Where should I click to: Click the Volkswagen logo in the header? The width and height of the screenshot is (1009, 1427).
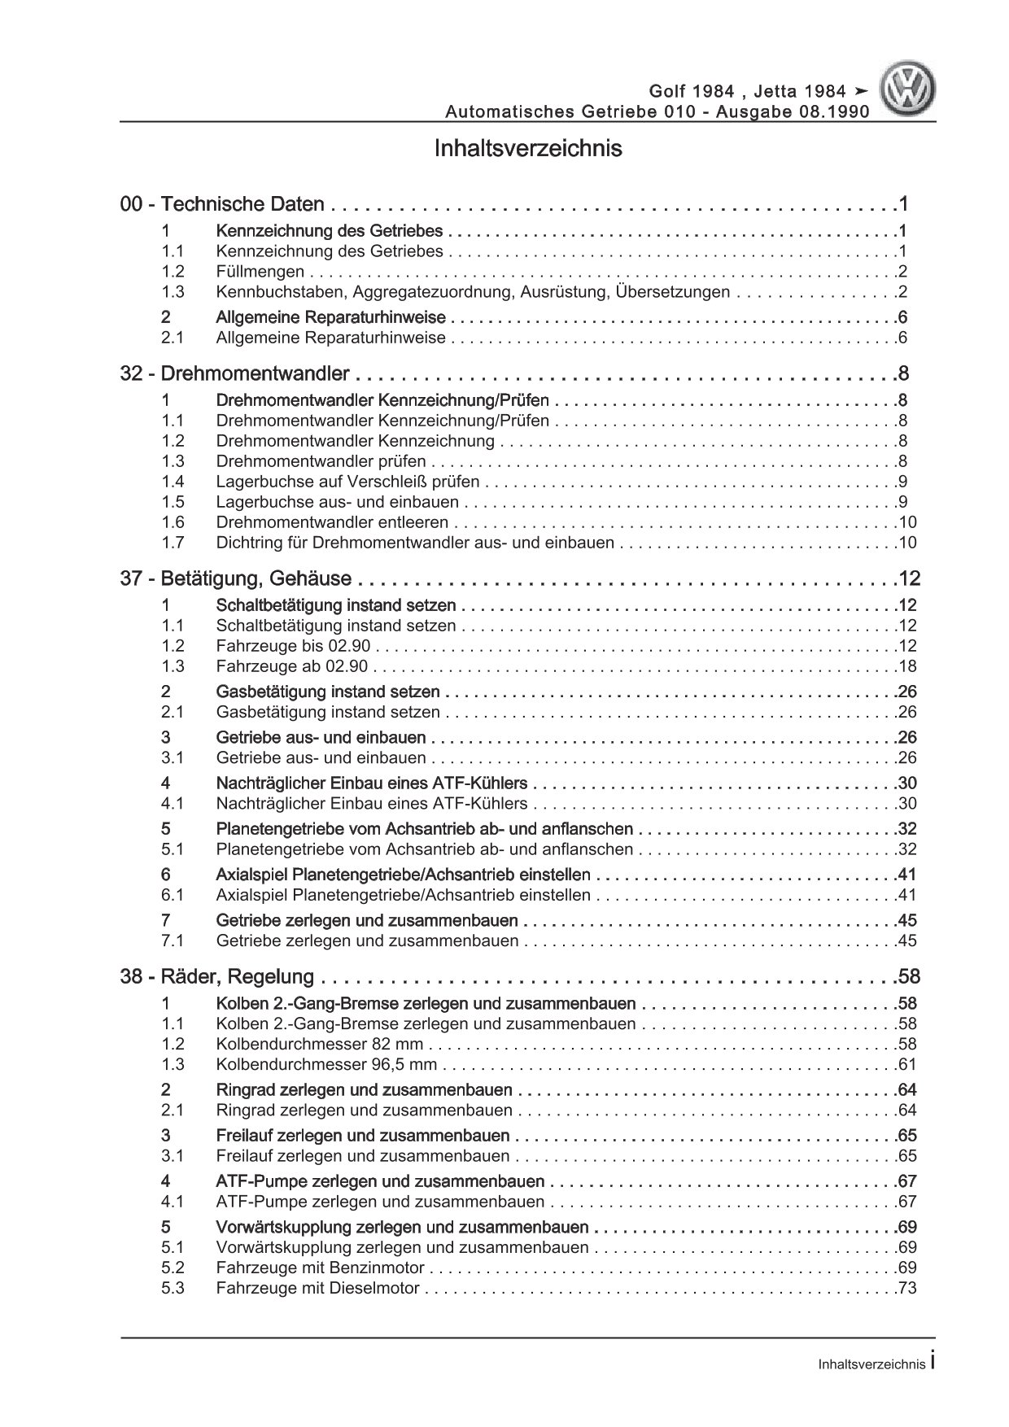point(910,91)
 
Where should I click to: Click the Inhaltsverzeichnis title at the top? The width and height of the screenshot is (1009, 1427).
point(528,149)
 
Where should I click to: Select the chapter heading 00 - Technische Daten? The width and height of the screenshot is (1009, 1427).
point(222,205)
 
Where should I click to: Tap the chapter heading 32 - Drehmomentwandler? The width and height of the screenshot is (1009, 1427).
point(235,374)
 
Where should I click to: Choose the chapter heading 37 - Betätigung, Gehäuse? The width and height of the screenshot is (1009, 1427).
point(236,579)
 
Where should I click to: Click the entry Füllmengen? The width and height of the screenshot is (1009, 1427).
point(260,272)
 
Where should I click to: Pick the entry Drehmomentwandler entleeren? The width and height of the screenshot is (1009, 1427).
point(332,522)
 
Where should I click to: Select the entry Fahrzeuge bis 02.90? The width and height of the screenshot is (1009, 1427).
point(293,646)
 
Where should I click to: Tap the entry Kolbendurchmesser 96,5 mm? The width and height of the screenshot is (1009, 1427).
point(326,1064)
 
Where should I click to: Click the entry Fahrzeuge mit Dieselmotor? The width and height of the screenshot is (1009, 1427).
point(317,1288)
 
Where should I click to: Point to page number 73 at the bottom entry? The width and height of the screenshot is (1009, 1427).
point(906,1288)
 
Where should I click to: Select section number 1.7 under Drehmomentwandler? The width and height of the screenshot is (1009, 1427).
point(173,543)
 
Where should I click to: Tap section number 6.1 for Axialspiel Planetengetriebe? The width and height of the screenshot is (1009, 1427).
point(173,895)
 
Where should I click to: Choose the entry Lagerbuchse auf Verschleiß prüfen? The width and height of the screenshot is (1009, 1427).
point(347,482)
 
